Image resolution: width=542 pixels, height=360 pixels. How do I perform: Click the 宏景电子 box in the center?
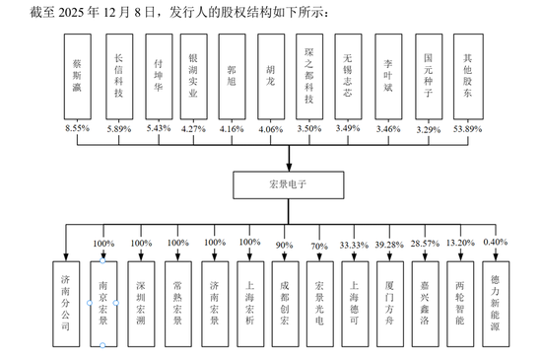click(289, 182)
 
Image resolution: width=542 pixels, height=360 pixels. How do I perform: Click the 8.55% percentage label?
click(78, 128)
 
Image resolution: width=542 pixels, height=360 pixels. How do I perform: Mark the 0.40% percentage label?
click(498, 243)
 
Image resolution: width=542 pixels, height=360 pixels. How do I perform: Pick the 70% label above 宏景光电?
click(317, 243)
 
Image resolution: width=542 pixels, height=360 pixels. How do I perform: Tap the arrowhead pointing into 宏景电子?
click(289, 164)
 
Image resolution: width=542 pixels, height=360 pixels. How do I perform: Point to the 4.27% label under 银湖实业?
click(194, 128)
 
